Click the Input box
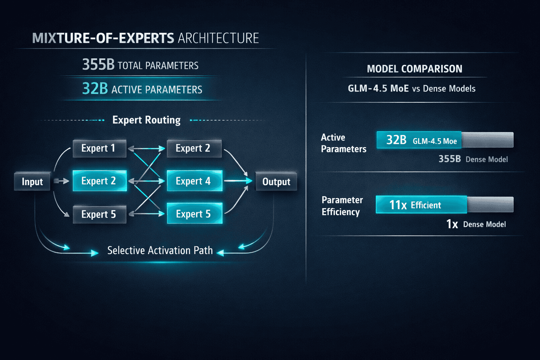32,181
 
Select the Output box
276,181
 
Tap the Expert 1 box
99,148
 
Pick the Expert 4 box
194,181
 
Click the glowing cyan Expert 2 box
99,181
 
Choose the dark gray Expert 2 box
193,148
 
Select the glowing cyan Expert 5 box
194,214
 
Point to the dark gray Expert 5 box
99,214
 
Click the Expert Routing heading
146,120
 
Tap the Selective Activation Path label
160,250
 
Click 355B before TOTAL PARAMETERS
98,65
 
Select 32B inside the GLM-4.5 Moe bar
396,140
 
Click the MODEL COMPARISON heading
414,69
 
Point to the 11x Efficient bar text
415,205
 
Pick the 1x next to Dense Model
452,224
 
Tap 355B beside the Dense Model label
449,159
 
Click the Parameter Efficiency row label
342,206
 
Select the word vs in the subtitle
416,89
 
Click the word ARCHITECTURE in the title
218,38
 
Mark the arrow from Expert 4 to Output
238,181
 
